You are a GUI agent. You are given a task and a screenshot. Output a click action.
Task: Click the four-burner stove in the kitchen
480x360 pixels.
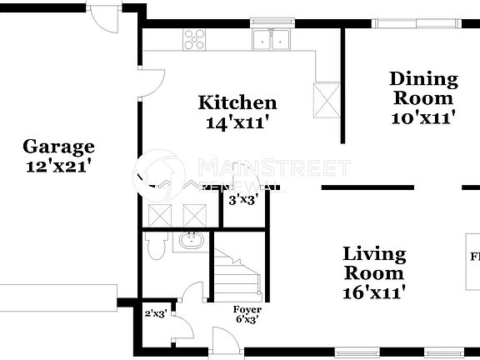coord(194,38)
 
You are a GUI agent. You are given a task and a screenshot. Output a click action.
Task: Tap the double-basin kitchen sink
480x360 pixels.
coord(270,38)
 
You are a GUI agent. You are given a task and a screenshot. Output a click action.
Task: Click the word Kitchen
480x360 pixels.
coord(237,103)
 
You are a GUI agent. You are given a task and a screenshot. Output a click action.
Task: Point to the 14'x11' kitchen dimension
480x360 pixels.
coord(237,122)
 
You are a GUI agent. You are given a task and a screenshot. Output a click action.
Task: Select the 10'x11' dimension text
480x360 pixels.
coord(424,117)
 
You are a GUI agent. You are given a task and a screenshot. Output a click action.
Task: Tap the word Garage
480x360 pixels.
coord(57,147)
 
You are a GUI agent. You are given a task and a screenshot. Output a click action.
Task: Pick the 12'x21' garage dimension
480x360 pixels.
coord(57,166)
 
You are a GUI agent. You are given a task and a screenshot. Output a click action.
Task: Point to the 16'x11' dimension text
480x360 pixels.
coord(374,292)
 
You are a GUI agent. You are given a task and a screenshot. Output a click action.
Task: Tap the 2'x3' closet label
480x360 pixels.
coord(157,314)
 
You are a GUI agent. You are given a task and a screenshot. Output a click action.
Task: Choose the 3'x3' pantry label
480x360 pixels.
coord(243,199)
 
